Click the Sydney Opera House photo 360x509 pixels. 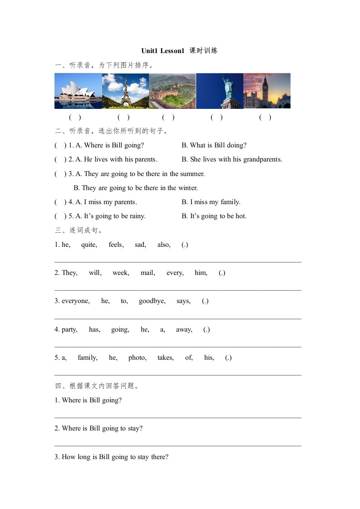78,91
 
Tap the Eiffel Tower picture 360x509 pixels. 126,91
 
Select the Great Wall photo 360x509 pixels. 173,91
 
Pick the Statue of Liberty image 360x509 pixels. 220,91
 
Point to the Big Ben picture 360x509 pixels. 267,91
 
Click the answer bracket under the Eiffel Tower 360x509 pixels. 123,117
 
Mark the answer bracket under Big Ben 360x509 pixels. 265,117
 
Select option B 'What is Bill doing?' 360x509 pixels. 214,145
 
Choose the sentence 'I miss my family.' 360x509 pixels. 211,202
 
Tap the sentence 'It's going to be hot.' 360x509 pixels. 214,216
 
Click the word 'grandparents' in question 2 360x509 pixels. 262,159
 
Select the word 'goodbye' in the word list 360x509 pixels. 152,301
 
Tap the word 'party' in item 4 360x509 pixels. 69,329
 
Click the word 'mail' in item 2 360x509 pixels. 148,273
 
